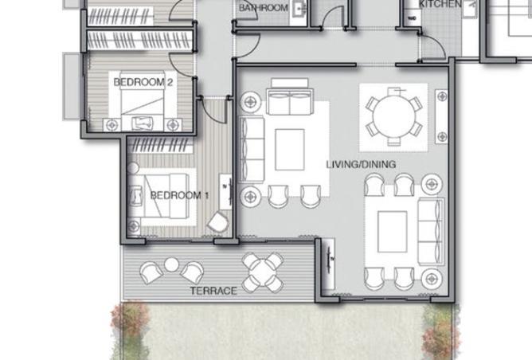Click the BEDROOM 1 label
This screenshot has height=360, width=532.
pyautogui.click(x=179, y=195)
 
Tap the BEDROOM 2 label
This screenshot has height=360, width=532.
pyautogui.click(x=143, y=82)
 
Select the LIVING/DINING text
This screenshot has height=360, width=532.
pyautogui.click(x=361, y=165)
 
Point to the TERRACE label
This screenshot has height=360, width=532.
pyautogui.click(x=213, y=291)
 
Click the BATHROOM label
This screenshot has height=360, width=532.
pyautogui.click(x=264, y=7)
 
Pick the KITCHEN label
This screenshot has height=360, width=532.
pyautogui.click(x=440, y=4)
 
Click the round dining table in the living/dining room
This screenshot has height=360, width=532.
pyautogui.click(x=393, y=117)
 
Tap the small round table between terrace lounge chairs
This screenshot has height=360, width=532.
pyautogui.click(x=171, y=264)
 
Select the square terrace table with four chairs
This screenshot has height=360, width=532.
pyautogui.click(x=263, y=272)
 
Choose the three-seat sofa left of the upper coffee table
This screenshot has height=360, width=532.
pyautogui.click(x=252, y=149)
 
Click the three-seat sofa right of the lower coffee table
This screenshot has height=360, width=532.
pyautogui.click(x=431, y=231)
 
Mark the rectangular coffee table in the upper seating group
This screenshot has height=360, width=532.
pyautogui.click(x=290, y=149)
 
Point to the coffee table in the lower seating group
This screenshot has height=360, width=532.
pyautogui.click(x=393, y=232)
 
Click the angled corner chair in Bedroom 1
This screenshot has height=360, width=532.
pyautogui.click(x=218, y=222)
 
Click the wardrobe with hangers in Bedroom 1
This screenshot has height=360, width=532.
pyautogui.click(x=160, y=145)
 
